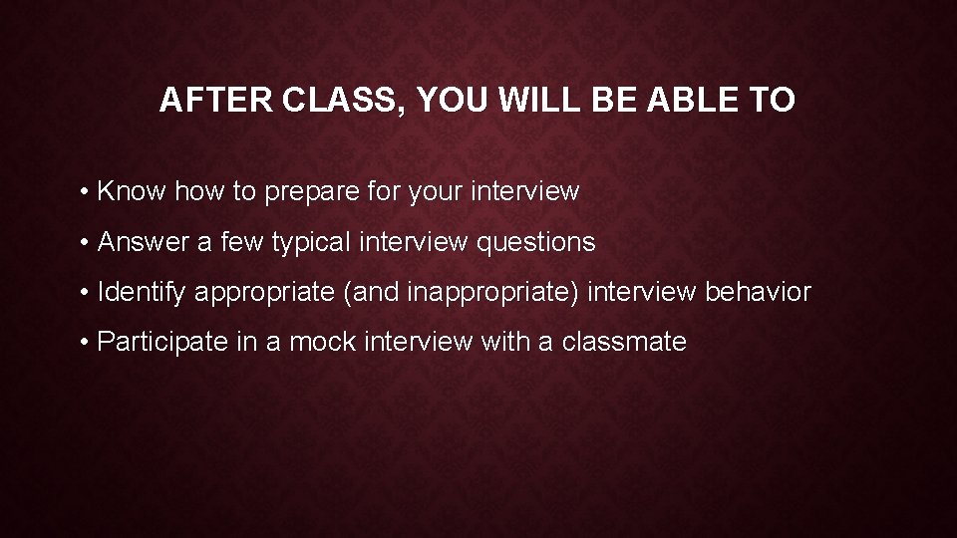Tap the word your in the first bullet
[x=438, y=192]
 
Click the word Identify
[x=143, y=293]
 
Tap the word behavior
[x=759, y=292]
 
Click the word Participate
[x=164, y=343]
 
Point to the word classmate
[x=624, y=342]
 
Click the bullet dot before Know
[x=88, y=192]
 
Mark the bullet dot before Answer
[x=88, y=242]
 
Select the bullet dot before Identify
[x=88, y=293]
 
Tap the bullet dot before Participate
[x=88, y=343]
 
